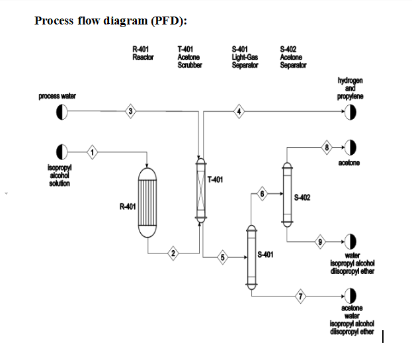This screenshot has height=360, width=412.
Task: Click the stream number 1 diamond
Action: point(93,153)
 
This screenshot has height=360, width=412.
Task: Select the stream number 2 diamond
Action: point(173,253)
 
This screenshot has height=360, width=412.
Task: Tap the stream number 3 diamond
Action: point(131,111)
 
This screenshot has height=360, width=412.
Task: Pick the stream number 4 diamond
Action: point(239,111)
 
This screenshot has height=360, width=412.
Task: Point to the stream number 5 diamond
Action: point(223,258)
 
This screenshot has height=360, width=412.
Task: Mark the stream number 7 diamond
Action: point(302,296)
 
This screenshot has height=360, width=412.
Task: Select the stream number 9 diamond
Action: point(320,242)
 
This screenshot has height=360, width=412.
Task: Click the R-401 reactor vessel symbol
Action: point(147,204)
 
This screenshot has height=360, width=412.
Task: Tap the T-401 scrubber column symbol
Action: point(200,189)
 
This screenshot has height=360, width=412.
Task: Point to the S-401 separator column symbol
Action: point(251,255)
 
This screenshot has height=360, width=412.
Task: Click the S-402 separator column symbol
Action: point(287,195)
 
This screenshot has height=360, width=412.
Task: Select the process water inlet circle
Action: point(62,111)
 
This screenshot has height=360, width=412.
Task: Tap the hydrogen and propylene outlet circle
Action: point(350,111)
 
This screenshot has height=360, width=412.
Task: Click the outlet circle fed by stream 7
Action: point(350,296)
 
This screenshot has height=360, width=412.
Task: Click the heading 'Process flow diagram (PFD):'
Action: point(110,21)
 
